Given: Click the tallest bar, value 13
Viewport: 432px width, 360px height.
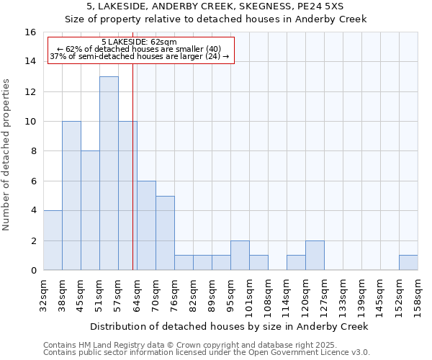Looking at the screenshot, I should [x=109, y=173].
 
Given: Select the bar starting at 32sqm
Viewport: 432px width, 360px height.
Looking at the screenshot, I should [x=53, y=240].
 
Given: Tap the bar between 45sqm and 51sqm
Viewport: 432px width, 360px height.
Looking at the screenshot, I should [x=90, y=210].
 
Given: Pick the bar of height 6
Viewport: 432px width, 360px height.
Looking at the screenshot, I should [x=146, y=225].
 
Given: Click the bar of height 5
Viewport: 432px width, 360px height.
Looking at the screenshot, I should [x=165, y=233].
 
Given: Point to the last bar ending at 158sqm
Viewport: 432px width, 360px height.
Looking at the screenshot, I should [x=408, y=263].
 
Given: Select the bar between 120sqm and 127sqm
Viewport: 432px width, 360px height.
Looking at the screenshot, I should [x=315, y=256].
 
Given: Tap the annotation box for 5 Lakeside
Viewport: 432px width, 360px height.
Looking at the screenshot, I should [x=141, y=50].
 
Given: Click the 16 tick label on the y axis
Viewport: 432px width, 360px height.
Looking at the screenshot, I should [x=30, y=32].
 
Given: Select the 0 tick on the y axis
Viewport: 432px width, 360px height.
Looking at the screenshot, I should [x=33, y=271].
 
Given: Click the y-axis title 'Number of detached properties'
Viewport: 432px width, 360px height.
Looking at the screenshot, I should [x=6, y=165].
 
